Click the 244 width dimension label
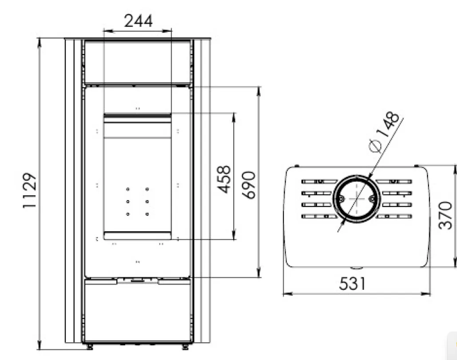click(x=138, y=21)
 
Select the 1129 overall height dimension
click(x=30, y=191)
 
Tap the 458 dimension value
click(x=224, y=179)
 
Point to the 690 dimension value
click(x=249, y=185)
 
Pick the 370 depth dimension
click(x=445, y=215)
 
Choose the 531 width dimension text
click(x=352, y=284)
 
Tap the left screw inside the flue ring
click(x=340, y=199)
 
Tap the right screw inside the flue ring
click(x=372, y=199)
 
